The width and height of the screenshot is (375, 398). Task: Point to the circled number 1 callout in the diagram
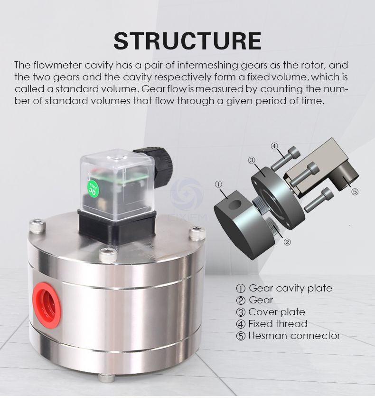click(x=218, y=184)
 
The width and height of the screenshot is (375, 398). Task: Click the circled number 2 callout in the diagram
click(x=287, y=242)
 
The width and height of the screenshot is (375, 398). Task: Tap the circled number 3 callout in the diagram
click(x=252, y=160)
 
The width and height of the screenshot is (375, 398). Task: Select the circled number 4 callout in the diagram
click(x=274, y=146)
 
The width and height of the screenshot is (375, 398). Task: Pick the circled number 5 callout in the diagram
click(x=355, y=192)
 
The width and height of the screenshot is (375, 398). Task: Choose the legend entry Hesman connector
click(x=294, y=336)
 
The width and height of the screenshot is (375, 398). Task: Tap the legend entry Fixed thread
click(x=278, y=324)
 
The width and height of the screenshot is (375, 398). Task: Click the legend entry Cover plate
click(x=276, y=312)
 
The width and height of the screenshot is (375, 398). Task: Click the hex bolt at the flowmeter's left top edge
click(x=37, y=225)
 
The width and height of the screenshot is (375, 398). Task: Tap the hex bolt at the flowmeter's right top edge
click(x=197, y=233)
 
